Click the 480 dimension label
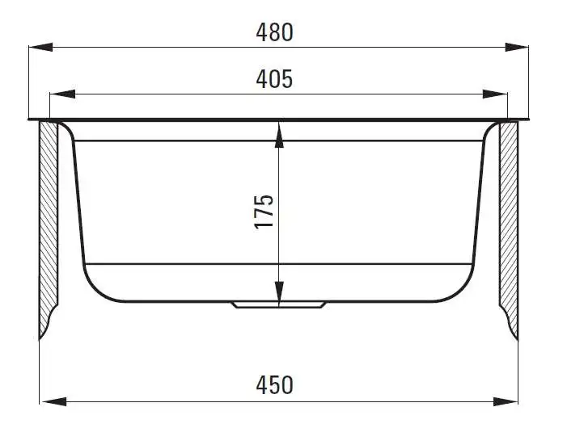pyautogui.click(x=274, y=32)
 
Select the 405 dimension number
pyautogui.click(x=274, y=79)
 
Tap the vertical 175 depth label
pyautogui.click(x=264, y=212)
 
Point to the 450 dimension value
pyautogui.click(x=274, y=385)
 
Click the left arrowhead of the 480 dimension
pyautogui.click(x=41, y=47)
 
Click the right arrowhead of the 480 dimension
pyautogui.click(x=517, y=47)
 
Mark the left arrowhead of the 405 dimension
pyautogui.click(x=62, y=94)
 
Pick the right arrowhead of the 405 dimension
pyautogui.click(x=495, y=94)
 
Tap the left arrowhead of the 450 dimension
pyautogui.click(x=53, y=401)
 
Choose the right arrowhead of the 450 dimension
pyautogui.click(x=506, y=401)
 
